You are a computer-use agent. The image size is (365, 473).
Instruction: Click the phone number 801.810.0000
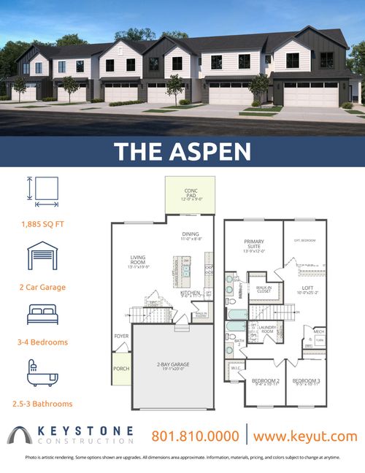coord(195,436)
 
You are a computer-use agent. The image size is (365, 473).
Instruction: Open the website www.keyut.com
coord(306,436)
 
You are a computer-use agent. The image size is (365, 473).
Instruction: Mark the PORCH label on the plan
coord(121,369)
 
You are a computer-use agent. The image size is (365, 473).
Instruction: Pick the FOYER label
coord(121,337)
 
